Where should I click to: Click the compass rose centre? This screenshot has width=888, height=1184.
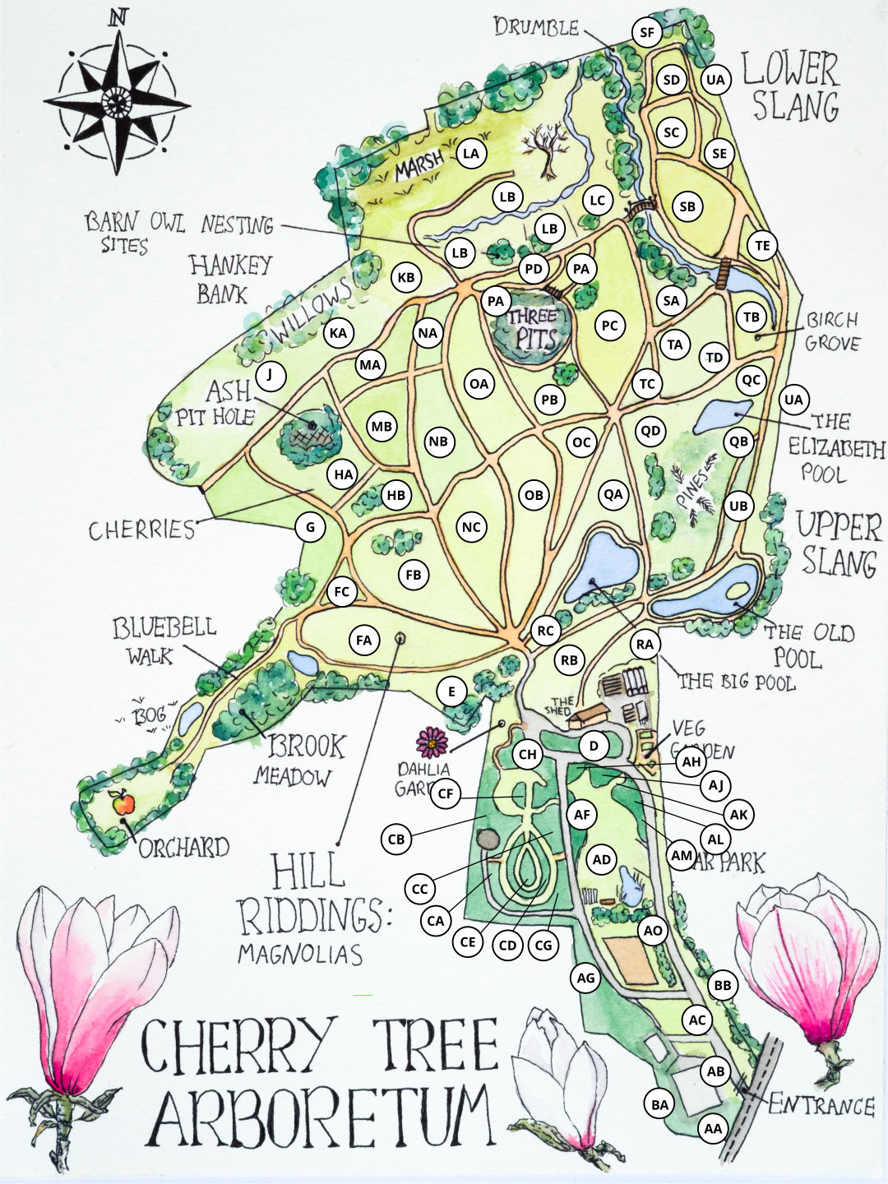pos(118,103)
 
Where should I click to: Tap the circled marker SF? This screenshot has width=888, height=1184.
pos(647,32)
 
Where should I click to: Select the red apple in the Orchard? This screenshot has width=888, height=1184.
pos(122,802)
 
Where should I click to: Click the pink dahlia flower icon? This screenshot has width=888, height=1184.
pos(432,742)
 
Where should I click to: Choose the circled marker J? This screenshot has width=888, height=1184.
pos(270,377)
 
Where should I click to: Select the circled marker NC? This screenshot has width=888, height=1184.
pos(471,527)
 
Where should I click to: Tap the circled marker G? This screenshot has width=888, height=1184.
pos(310,527)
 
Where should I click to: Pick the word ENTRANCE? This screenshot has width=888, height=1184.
pos(821,1106)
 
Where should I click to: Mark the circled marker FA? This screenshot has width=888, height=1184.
pos(364,640)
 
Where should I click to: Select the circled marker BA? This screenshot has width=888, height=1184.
pos(660,1104)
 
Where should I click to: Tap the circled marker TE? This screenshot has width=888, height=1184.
pos(762,245)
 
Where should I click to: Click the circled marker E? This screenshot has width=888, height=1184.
pos(451,691)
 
